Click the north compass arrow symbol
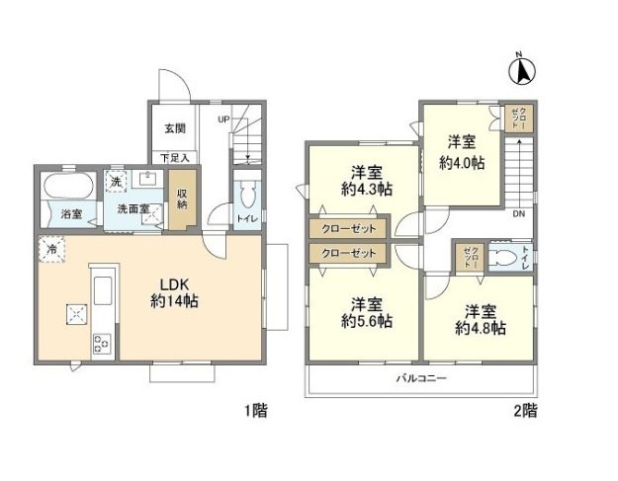(x=521, y=70)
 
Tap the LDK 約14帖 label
(x=174, y=291)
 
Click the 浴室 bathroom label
(x=70, y=213)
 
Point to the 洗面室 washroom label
(x=131, y=208)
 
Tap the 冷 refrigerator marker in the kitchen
(x=49, y=250)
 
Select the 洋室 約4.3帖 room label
(x=365, y=178)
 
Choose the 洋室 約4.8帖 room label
(x=480, y=318)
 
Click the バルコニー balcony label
(x=422, y=378)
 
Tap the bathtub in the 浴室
(x=68, y=185)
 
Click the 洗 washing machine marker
(x=117, y=182)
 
